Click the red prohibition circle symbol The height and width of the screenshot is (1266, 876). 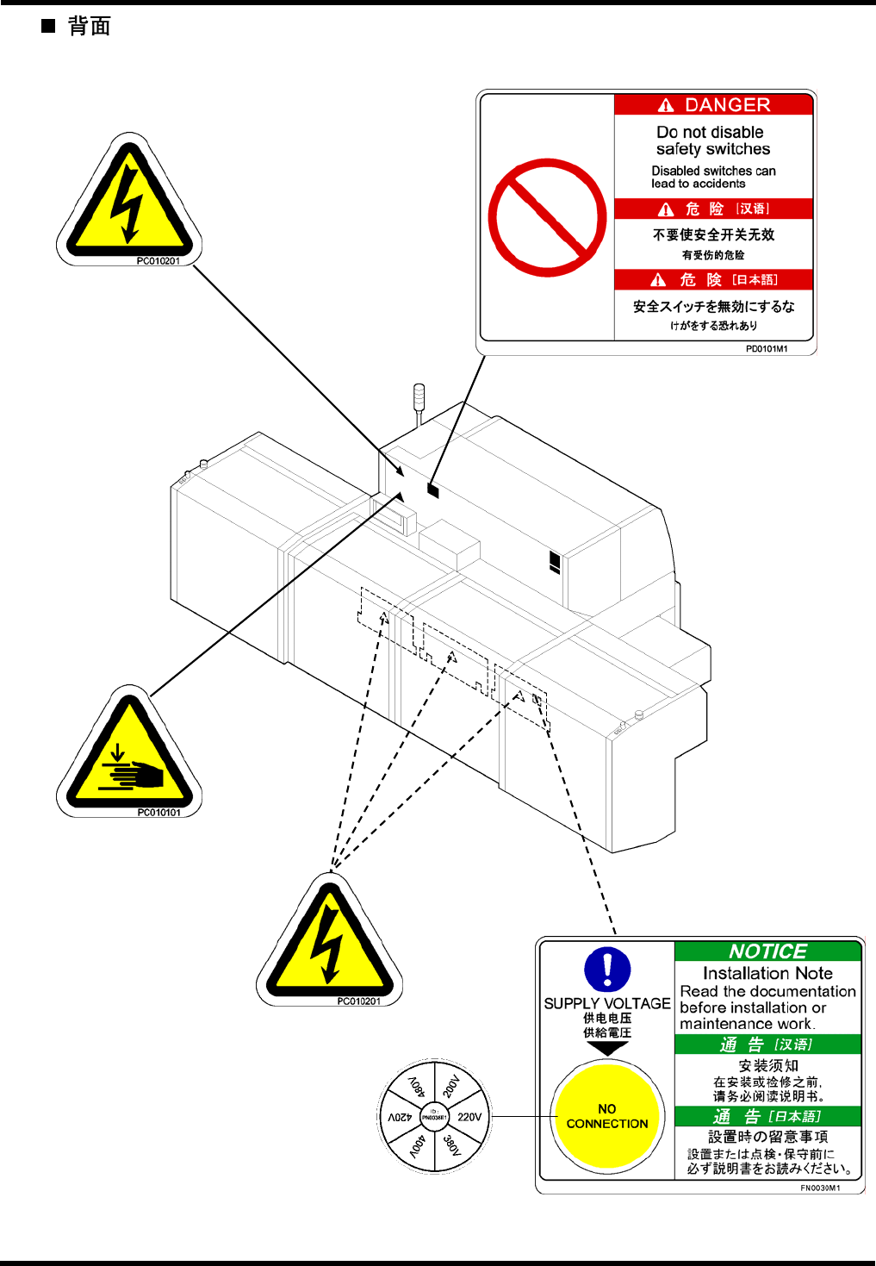(547, 217)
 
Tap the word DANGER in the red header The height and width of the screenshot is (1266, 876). (727, 105)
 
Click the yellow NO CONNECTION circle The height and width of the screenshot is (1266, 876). (607, 1116)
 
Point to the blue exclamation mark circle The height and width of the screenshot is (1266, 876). (607, 970)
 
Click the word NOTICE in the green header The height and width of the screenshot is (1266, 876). (767, 951)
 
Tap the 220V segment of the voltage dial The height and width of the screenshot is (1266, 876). (469, 1117)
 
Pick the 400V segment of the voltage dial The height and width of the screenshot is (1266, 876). (417, 1146)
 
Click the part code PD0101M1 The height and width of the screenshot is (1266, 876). (767, 349)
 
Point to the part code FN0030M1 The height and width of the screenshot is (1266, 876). (820, 1188)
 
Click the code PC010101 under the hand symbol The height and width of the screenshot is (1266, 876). (159, 813)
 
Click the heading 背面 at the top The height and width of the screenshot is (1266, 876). (90, 27)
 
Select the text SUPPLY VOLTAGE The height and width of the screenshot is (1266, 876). (607, 1003)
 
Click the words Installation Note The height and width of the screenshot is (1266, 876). (767, 973)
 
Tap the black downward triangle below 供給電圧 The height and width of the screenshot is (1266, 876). (607, 1049)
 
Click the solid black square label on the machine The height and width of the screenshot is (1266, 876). (433, 490)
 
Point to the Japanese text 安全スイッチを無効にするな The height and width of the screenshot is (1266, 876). (714, 306)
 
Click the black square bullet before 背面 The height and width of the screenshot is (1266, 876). (48, 26)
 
